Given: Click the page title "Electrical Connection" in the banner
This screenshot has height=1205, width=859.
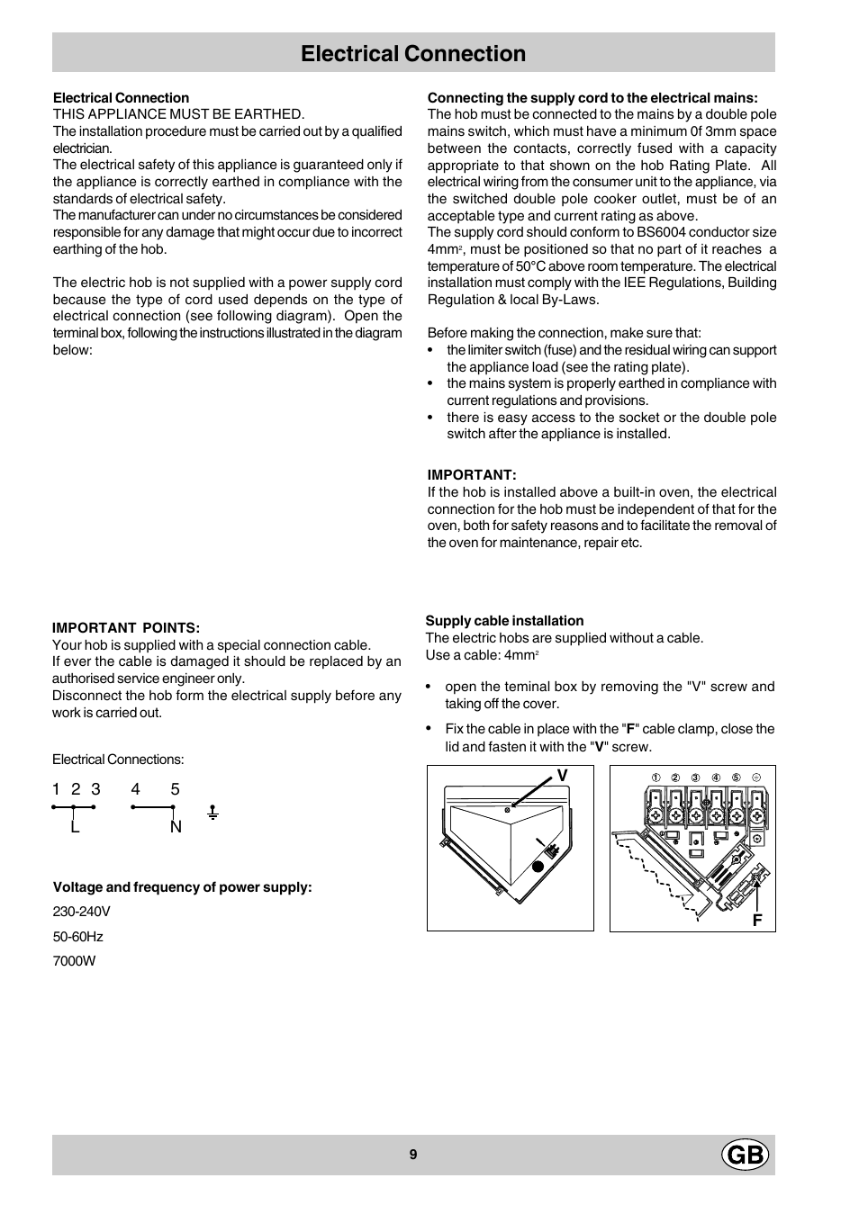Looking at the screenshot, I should tap(413, 54).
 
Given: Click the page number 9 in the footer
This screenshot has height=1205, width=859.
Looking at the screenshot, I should tap(413, 1156).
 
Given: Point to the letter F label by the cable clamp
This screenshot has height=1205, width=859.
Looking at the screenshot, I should tap(757, 921).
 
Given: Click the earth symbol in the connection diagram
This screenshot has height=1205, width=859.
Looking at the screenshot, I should tap(212, 813).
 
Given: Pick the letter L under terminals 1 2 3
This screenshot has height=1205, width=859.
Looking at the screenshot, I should tap(76, 827).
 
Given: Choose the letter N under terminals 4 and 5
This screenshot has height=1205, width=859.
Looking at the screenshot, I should tap(176, 827).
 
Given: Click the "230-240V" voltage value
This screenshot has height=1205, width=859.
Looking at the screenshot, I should tap(81, 912).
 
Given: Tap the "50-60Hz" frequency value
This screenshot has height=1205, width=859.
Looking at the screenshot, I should tap(77, 937).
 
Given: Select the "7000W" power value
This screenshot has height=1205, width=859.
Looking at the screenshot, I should tap(74, 961).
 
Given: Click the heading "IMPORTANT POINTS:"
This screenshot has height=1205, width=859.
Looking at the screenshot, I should tap(126, 628).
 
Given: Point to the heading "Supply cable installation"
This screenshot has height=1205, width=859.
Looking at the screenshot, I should tap(504, 621).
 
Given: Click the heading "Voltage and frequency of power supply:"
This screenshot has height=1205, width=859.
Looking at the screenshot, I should tap(183, 887).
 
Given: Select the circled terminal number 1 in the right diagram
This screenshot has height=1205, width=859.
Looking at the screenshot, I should tap(656, 778).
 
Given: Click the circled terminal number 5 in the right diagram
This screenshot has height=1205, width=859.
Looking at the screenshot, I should tap(736, 778).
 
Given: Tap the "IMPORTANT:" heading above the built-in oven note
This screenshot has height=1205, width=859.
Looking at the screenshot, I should tap(472, 475).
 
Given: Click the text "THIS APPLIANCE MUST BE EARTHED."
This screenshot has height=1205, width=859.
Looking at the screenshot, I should tap(178, 114).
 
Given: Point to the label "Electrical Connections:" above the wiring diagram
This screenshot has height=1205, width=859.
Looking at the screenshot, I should tap(118, 760).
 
